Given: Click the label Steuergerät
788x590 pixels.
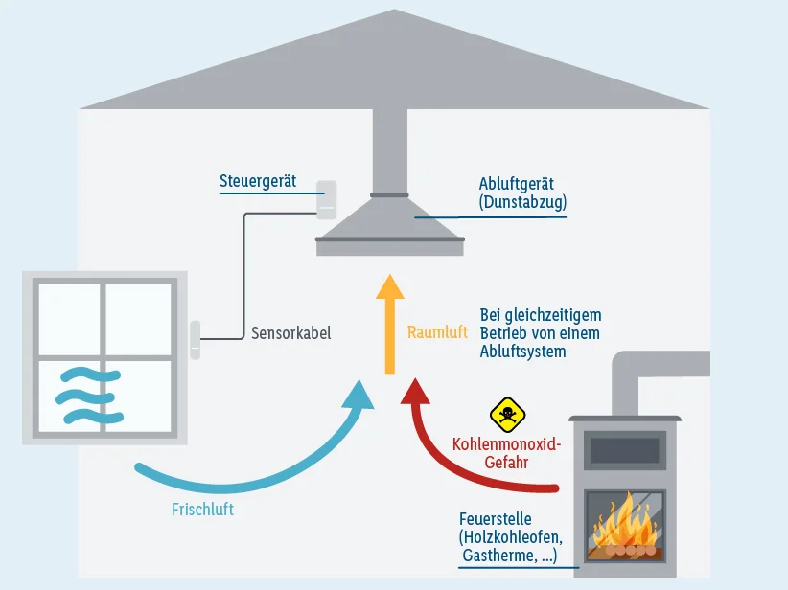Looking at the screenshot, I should (x=258, y=181).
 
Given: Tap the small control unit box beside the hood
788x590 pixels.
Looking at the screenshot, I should (x=327, y=198).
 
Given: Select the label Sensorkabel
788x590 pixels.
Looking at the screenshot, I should (x=290, y=333).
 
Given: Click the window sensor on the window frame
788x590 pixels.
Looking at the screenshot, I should (x=195, y=339).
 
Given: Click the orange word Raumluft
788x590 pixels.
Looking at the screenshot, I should (x=437, y=332).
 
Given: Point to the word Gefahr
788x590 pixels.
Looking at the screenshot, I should (x=506, y=462).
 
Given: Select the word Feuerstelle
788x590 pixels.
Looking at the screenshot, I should (x=495, y=519).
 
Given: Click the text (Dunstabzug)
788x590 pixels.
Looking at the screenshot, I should (x=522, y=202).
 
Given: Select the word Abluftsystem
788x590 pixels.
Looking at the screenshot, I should (x=522, y=352).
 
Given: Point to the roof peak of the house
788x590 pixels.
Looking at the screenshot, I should (x=393, y=12).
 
